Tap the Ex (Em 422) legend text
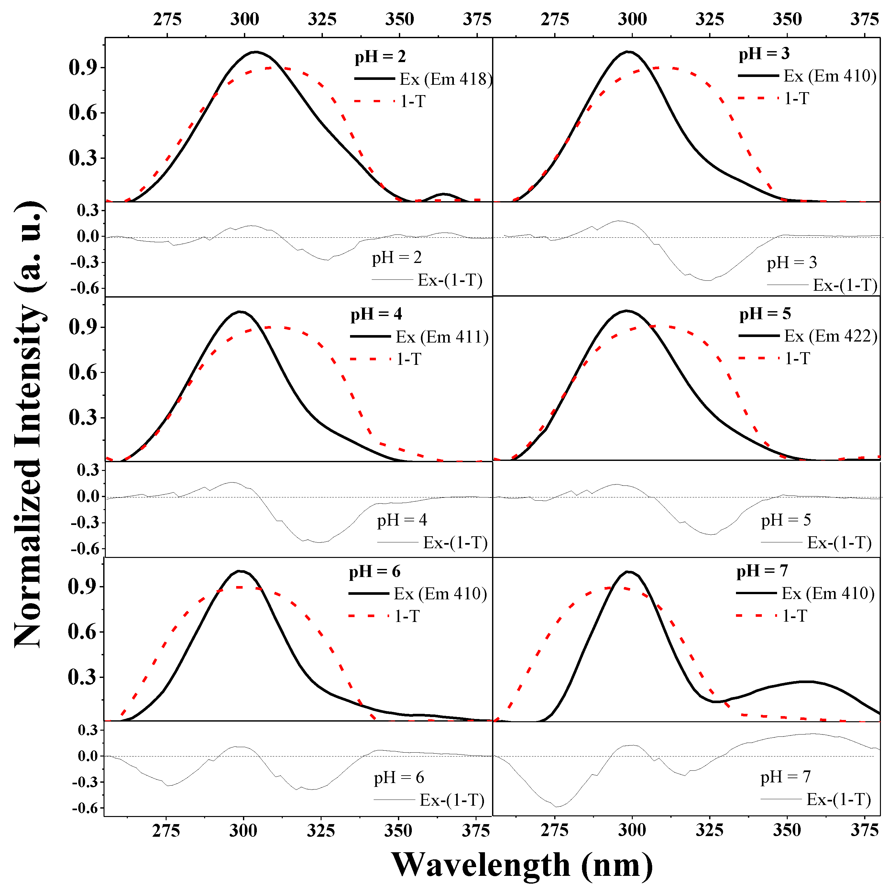830,336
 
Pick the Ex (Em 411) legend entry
442,337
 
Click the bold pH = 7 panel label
762,571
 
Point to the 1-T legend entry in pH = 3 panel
796,98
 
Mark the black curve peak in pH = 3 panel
628,51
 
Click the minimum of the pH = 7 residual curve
557,807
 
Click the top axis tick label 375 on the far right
864,19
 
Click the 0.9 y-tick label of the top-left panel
83,68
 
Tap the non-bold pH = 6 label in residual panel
399,778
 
